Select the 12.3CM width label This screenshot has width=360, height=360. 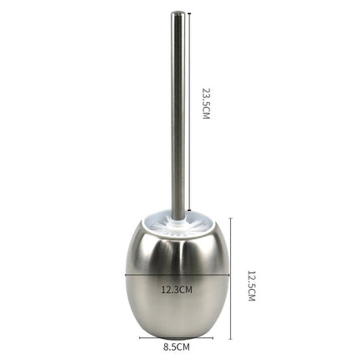pos(177,289)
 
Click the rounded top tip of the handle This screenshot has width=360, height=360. pos(177,13)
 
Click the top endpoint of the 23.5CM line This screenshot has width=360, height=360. pos(190,13)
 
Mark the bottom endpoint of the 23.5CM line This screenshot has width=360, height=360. pos(190,211)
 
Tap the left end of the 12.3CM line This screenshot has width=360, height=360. pos(126,275)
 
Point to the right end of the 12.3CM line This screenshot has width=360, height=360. pos(230,275)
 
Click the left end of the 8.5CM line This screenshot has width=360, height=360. pos(140,339)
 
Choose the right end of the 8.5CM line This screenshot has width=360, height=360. pos(213,339)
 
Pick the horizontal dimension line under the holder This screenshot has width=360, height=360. pos(177,339)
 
